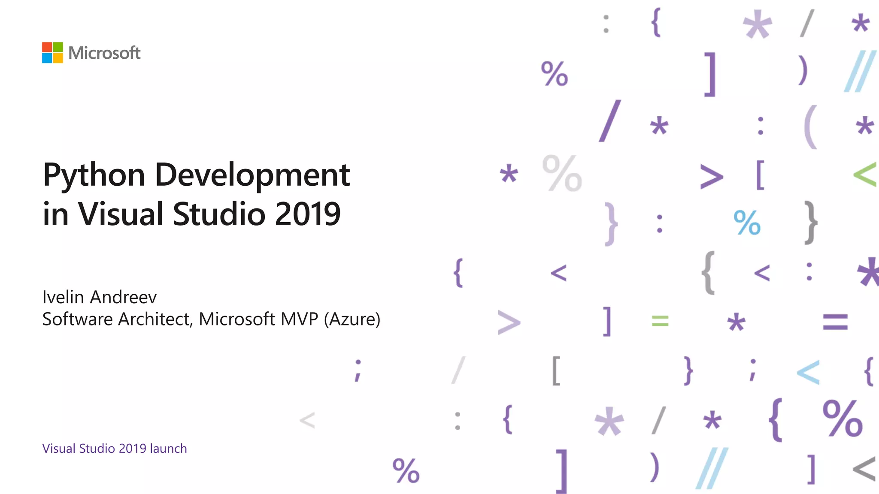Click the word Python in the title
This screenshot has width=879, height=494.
pyautogui.click(x=94, y=176)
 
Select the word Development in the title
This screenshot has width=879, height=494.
pyautogui.click(x=252, y=176)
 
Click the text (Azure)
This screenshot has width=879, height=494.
pyautogui.click(x=352, y=320)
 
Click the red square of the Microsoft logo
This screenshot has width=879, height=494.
pyautogui.click(x=47, y=47)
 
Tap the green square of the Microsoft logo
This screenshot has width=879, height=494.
pyautogui.click(x=58, y=47)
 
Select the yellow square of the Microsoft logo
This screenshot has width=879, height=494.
pyautogui.click(x=58, y=58)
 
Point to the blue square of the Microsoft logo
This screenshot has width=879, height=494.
pyautogui.click(x=47, y=58)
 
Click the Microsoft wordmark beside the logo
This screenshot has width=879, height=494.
pyautogui.click(x=104, y=53)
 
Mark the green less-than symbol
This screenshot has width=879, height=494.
pyautogui.click(x=864, y=175)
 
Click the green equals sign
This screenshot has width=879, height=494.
pyautogui.click(x=660, y=321)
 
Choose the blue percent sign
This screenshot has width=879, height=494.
pyautogui.click(x=747, y=223)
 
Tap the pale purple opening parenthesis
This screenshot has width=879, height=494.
pyautogui.click(x=810, y=127)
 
